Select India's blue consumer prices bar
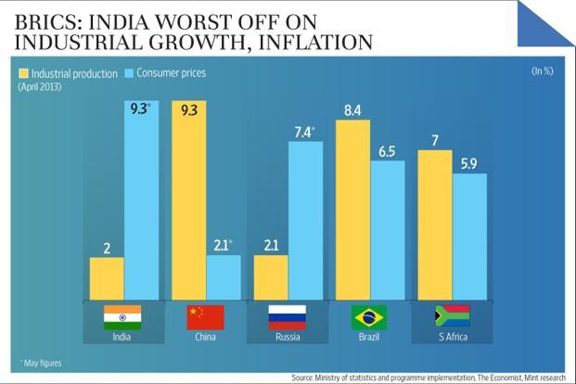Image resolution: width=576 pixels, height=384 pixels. (141, 199)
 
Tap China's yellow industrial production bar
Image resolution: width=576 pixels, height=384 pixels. (188, 199)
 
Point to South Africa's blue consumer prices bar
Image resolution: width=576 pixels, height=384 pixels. (469, 237)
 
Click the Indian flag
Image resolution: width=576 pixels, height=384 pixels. (122, 317)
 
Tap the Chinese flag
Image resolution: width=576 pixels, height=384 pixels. (204, 317)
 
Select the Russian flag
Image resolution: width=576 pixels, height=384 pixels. (287, 317)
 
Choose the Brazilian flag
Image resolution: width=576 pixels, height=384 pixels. (368, 317)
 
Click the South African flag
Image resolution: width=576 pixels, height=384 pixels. (452, 317)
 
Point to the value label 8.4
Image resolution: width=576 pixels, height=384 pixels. (352, 109)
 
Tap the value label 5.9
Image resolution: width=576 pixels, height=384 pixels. (469, 163)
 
